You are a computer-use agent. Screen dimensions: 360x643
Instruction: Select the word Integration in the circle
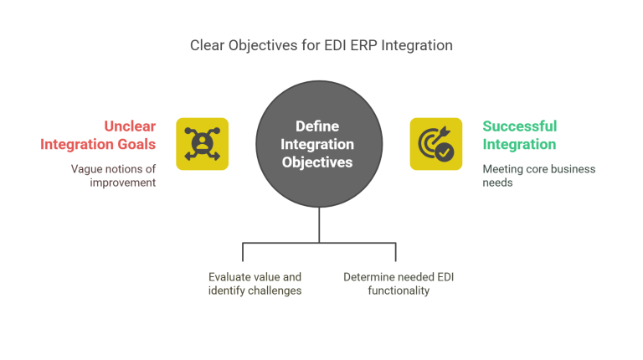pyautogui.click(x=317, y=143)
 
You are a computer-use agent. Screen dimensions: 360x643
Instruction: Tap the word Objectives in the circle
pyautogui.click(x=317, y=162)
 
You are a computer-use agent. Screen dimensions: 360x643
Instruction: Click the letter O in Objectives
pyautogui.click(x=287, y=162)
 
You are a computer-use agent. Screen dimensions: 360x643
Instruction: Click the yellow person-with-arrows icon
pyautogui.click(x=203, y=144)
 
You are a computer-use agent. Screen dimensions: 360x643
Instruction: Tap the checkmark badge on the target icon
pyautogui.click(x=445, y=153)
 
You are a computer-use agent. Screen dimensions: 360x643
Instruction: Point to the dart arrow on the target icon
pyautogui.click(x=444, y=131)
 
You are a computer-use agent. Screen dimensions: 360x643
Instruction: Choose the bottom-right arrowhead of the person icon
pyautogui.click(x=218, y=158)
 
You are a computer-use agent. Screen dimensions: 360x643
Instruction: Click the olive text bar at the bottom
pyautogui.click(x=285, y=283)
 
